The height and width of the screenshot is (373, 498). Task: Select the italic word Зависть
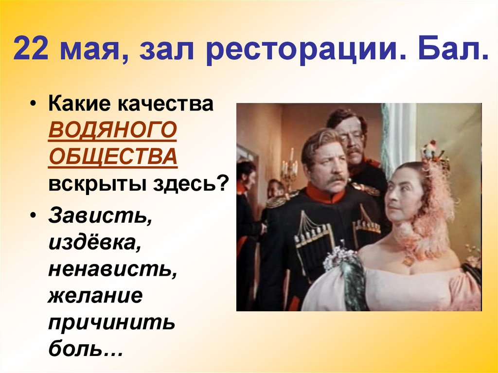(x=100, y=215)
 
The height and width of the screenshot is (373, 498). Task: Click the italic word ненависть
(x=112, y=268)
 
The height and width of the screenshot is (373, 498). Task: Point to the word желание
(x=95, y=295)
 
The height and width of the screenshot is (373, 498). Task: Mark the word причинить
(x=111, y=322)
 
